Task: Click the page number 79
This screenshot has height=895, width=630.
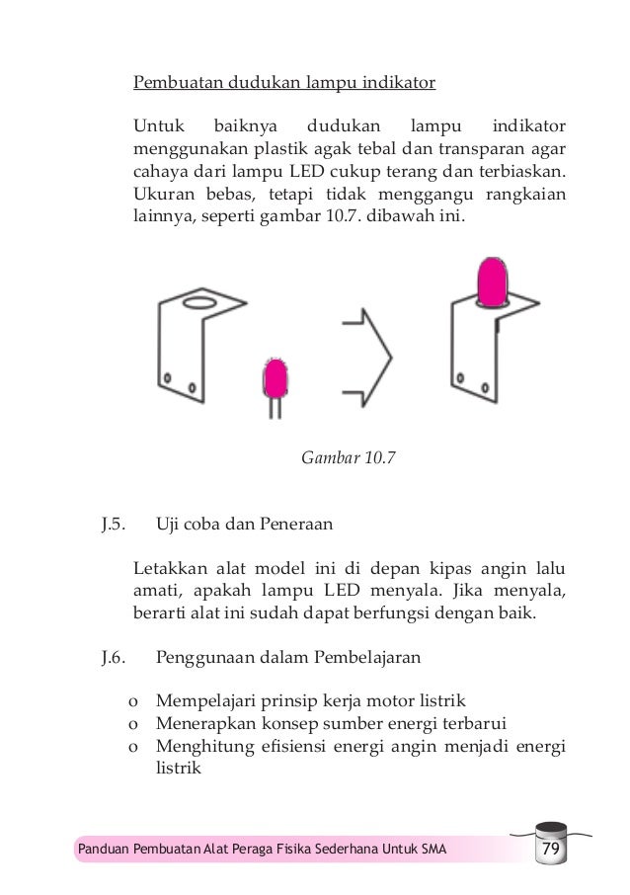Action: (x=546, y=850)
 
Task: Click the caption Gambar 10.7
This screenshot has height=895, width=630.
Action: (x=341, y=457)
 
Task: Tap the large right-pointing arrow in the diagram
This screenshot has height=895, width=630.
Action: (x=367, y=351)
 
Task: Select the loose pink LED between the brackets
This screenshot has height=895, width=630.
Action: (x=275, y=377)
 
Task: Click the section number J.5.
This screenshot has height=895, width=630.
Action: (x=114, y=525)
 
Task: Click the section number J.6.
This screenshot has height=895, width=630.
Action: (x=114, y=654)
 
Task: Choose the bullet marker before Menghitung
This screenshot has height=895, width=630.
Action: (x=131, y=746)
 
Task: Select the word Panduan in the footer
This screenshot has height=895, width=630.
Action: (x=104, y=850)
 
